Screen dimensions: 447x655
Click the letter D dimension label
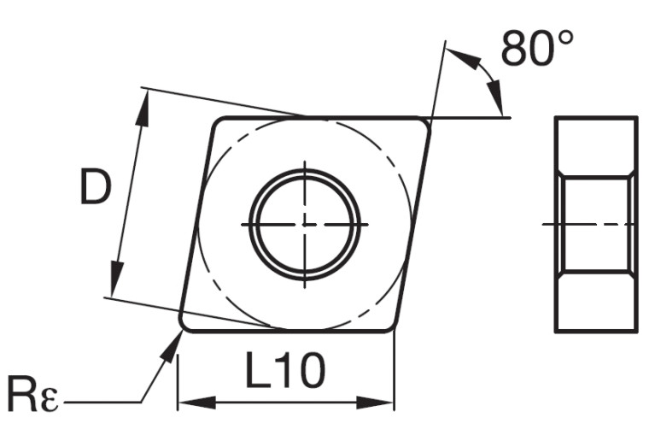[95, 188]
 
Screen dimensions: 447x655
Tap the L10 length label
[285, 372]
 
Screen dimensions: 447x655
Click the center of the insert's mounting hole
[305, 224]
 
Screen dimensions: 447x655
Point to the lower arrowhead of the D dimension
[114, 286]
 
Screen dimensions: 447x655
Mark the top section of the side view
[596, 146]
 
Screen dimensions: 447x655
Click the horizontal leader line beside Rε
[102, 402]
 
